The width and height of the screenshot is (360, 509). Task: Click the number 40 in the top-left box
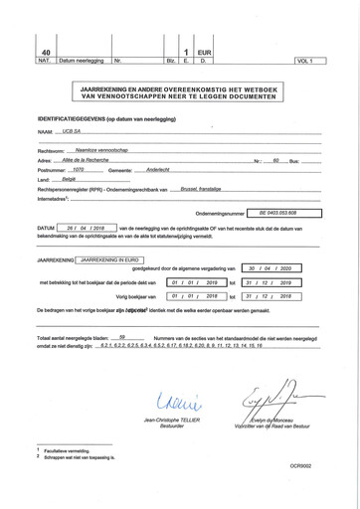pos(44,53)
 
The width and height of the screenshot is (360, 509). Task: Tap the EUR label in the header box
pos(205,53)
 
